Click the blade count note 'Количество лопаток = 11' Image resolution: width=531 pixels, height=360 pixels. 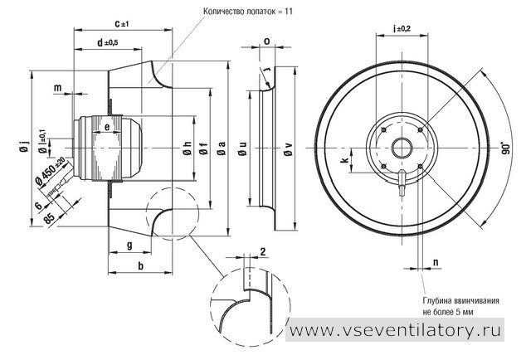click(x=248, y=11)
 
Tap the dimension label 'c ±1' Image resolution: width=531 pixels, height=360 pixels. click(x=122, y=24)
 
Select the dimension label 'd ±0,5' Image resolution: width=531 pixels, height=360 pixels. click(x=108, y=42)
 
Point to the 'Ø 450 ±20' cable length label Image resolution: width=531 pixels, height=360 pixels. click(x=51, y=171)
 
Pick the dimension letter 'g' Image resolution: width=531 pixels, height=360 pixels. click(x=129, y=245)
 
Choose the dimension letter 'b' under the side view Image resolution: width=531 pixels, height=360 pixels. click(x=140, y=265)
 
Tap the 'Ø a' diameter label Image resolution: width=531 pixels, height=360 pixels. click(x=222, y=148)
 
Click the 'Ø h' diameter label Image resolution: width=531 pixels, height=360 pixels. click(x=188, y=148)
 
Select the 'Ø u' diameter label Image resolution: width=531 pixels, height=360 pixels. click(x=242, y=148)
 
